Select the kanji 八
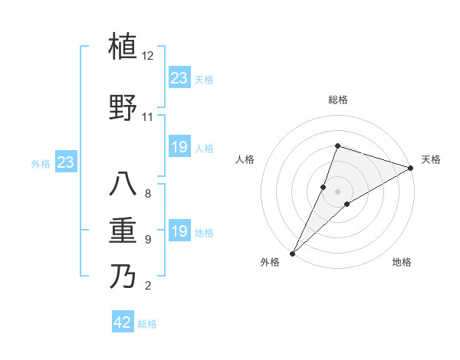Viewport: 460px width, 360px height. click(123, 184)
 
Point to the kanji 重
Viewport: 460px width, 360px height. click(123, 229)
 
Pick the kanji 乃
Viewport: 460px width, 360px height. click(123, 276)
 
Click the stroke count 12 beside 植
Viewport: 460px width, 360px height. click(148, 57)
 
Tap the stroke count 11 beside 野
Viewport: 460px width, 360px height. click(148, 117)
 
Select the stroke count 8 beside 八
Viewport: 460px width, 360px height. click(148, 193)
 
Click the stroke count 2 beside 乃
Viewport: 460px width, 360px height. click(148, 286)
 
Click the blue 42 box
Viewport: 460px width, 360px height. click(123, 322)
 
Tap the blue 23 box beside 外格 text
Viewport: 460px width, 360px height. click(65, 162)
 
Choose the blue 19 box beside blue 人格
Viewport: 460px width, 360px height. click(179, 147)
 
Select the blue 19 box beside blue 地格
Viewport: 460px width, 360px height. click(179, 232)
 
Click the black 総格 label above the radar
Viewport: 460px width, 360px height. click(337, 100)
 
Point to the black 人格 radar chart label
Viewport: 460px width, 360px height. click(245, 159)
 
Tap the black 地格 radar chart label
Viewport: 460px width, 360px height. click(402, 262)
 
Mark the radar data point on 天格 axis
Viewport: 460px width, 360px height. click(411, 169)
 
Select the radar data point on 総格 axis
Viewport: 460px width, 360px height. click(337, 146)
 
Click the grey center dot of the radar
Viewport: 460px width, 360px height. click(337, 191)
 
